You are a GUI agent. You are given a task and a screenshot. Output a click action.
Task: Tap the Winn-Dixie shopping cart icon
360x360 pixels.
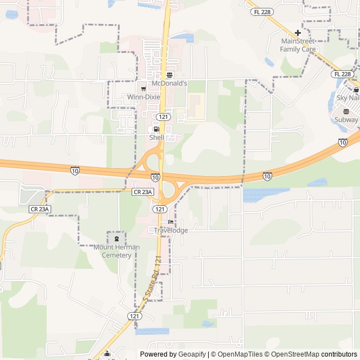coord(143,88)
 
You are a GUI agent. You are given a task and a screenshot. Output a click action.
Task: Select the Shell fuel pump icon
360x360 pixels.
coord(156,129)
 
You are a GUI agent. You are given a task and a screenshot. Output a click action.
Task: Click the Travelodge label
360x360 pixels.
coord(171,231)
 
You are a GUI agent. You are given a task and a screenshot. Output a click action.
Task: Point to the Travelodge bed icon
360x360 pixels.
coord(170,222)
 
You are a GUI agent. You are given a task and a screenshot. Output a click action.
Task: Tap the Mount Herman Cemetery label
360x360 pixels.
coord(112,251)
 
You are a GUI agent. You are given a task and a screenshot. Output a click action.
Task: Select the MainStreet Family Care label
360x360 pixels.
coord(298,45)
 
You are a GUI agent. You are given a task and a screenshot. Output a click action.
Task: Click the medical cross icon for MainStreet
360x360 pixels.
coord(298,33)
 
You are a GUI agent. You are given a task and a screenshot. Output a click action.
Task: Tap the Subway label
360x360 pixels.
coord(346,120)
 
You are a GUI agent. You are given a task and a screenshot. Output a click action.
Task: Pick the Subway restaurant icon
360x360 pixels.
coord(346,111)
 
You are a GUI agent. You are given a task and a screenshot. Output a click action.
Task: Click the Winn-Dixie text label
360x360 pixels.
coord(143,97)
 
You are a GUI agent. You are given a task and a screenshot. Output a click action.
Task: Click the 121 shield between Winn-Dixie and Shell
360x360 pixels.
coord(163,116)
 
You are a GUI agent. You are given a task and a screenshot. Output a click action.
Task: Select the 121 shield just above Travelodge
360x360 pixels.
coord(159,209)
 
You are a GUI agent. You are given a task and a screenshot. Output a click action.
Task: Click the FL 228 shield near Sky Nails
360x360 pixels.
coord(342,74)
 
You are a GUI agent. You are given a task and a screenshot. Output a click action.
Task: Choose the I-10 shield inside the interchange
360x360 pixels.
coord(155,177)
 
